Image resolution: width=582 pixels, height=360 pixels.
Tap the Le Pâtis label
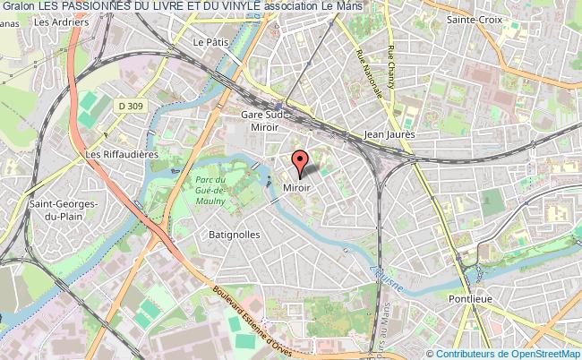click(212, 41)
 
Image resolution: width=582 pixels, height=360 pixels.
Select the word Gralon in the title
click(18, 6)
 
